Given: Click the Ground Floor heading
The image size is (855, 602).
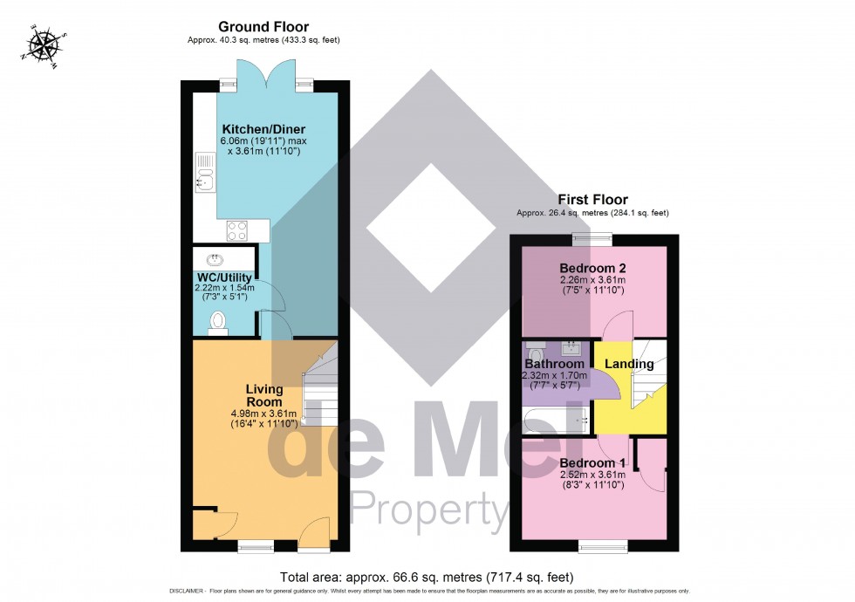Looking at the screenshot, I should tap(263, 27).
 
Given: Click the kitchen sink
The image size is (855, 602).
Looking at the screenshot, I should tap(206, 172).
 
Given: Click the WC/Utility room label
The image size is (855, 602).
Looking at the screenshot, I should tap(224, 277).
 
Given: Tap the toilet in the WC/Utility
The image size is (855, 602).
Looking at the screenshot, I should tap(218, 323).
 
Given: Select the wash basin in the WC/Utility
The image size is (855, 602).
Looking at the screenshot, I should tap(214, 258).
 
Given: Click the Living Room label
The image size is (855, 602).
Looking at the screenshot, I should tap(263, 395).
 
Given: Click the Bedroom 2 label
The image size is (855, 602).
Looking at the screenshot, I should tap(593, 268).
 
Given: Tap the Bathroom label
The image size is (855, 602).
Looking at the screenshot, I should tap(554, 364).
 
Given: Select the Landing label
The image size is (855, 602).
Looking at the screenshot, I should tap(629, 364).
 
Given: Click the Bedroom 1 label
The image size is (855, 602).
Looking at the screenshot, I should tap(593, 462).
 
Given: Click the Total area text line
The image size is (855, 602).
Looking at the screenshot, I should tap(427, 577).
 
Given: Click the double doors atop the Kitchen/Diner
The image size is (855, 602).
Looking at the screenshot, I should tap(265, 80).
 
